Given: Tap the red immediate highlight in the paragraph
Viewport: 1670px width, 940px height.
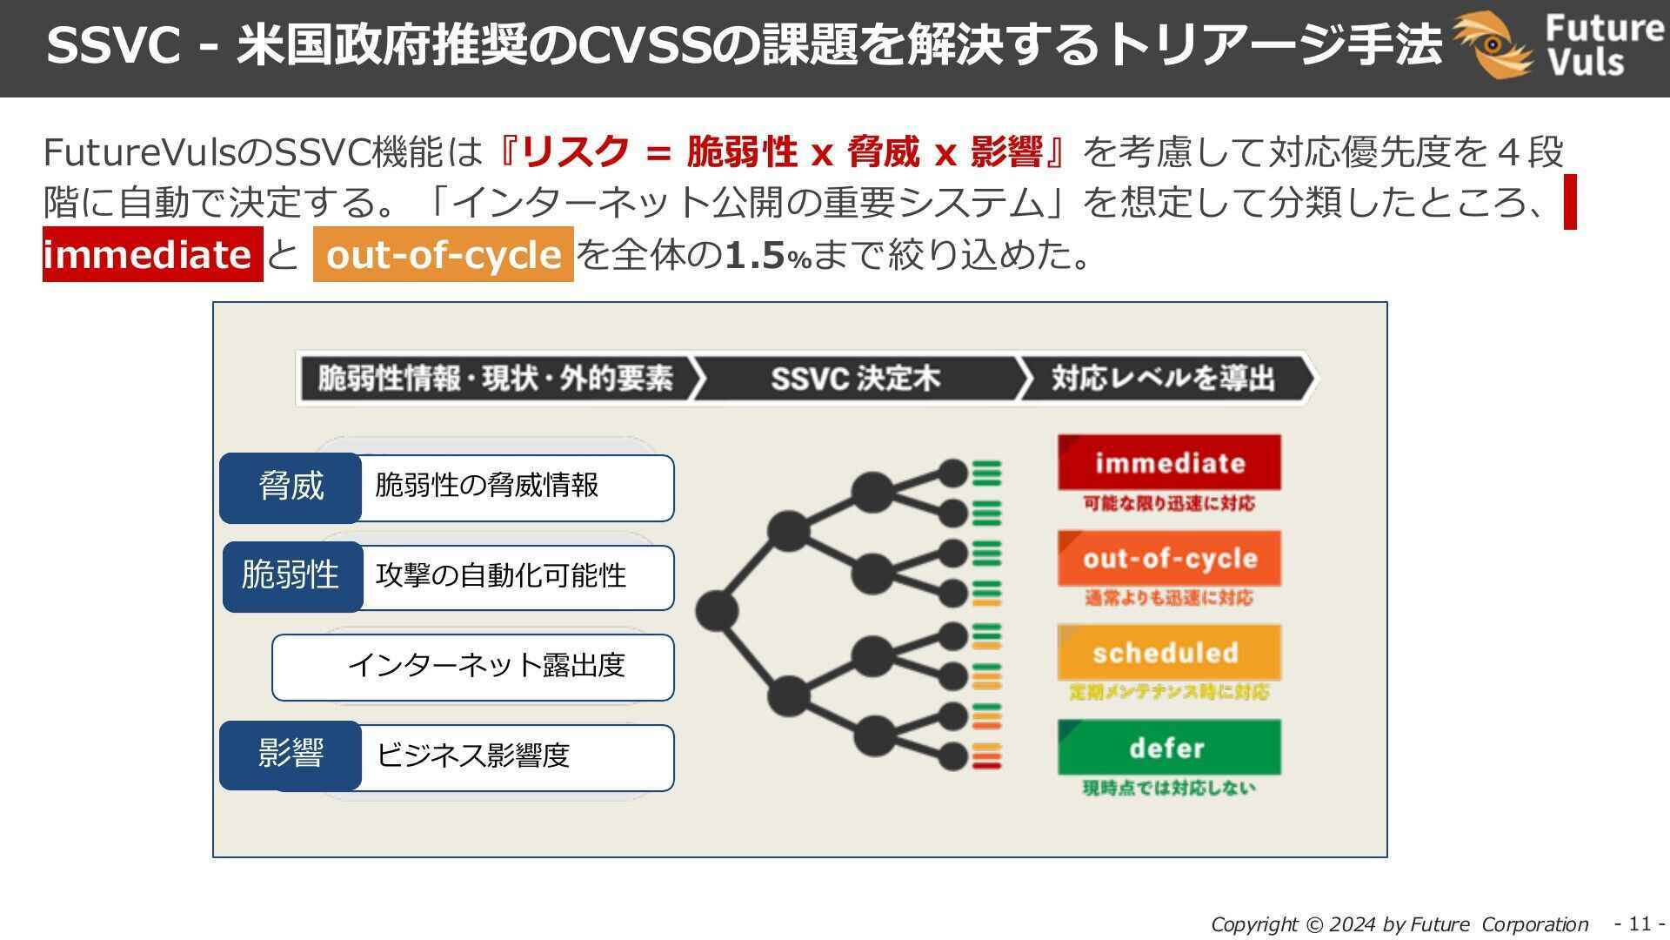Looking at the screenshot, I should coord(152,254).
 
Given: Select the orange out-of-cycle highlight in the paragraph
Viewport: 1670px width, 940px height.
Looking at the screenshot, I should coord(444,254).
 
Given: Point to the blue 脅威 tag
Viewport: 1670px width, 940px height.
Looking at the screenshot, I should coord(291,487).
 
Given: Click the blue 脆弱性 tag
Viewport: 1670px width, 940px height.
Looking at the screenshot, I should coord(292,576).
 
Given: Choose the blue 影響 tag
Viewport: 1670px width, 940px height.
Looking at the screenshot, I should coord(291,754).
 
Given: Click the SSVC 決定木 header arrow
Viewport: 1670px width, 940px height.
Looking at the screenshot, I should coord(855,379).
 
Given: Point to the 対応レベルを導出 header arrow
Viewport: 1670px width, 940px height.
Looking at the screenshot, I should coord(1164,379).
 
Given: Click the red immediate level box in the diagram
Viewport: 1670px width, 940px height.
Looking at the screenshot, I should coord(1169,462).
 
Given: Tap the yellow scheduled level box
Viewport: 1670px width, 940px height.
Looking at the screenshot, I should coord(1169,652).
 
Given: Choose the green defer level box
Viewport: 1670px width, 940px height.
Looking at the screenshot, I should coord(1169,747).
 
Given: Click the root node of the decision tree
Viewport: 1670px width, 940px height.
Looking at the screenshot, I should coord(717,610).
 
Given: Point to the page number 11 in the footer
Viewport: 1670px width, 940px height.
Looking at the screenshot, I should coord(1640,923).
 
